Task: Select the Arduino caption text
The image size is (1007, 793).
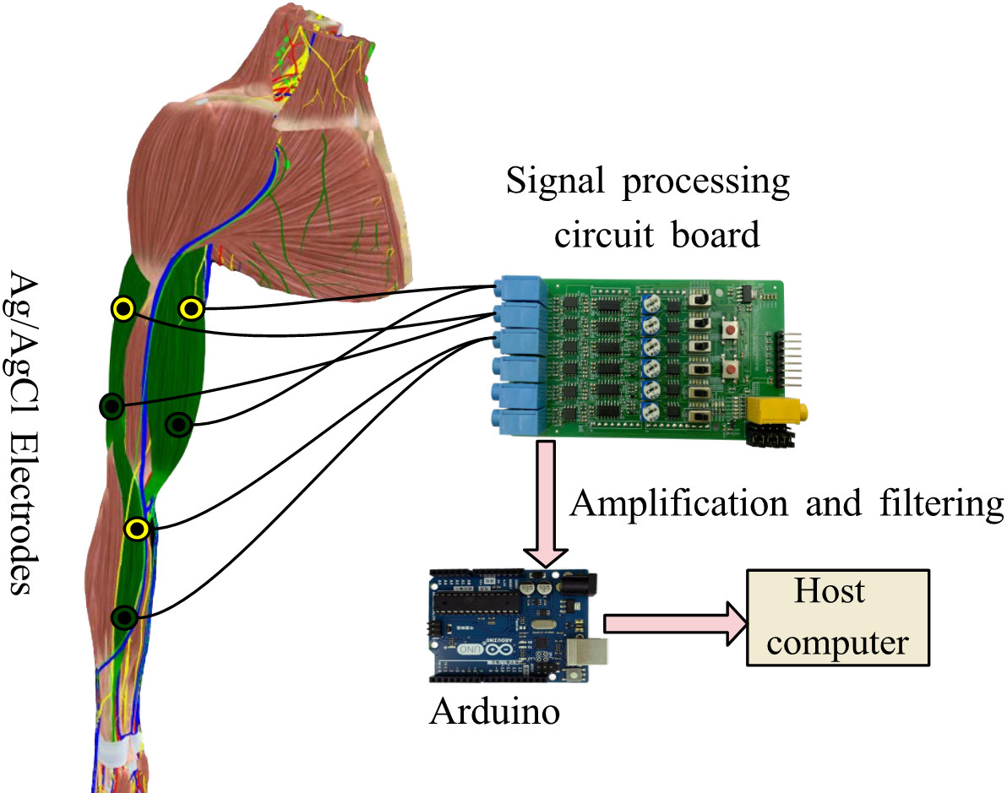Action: (494, 711)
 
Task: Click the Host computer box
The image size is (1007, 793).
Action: (837, 616)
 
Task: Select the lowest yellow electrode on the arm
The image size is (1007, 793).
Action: (137, 530)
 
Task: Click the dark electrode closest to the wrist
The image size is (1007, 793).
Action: (125, 618)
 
